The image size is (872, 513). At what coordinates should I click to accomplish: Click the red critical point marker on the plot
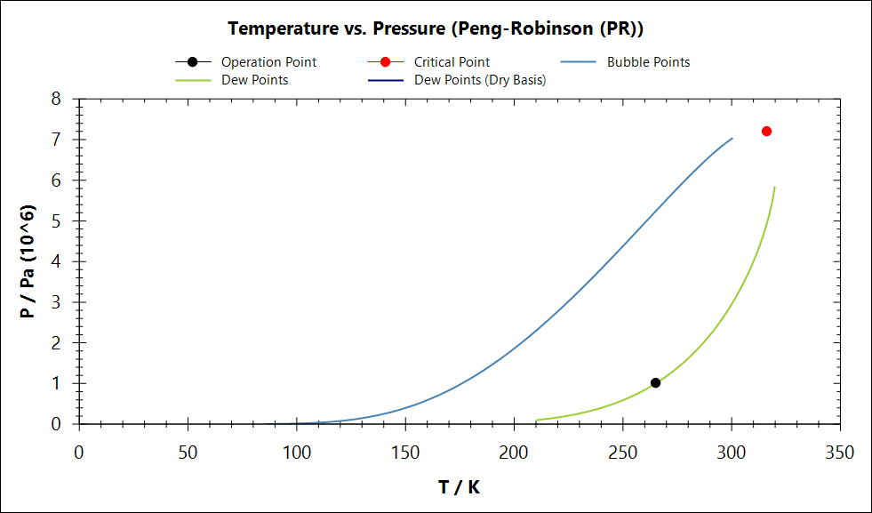pyautogui.click(x=766, y=131)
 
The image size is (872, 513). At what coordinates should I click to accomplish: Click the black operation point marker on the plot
pyautogui.click(x=655, y=382)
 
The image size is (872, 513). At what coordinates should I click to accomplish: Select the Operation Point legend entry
pyautogui.click(x=268, y=62)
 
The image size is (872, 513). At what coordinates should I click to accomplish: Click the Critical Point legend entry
pyautogui.click(x=452, y=62)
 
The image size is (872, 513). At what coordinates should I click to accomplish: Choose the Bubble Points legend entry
pyautogui.click(x=648, y=62)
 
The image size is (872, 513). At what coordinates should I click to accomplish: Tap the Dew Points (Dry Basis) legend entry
pyautogui.click(x=480, y=79)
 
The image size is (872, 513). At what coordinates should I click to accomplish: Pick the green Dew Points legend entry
pyautogui.click(x=254, y=79)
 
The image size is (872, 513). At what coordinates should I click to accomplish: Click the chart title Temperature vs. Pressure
pyautogui.click(x=436, y=28)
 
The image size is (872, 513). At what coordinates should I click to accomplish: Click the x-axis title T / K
pyautogui.click(x=460, y=486)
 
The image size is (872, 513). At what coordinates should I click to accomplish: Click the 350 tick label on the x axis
pyautogui.click(x=839, y=453)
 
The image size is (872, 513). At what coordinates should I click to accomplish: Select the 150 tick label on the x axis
pyautogui.click(x=404, y=453)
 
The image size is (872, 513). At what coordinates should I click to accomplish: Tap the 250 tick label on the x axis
pyautogui.click(x=622, y=453)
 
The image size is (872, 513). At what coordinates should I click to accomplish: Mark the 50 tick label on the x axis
pyautogui.click(x=188, y=453)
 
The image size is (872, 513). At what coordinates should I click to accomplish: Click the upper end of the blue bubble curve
pyautogui.click(x=732, y=139)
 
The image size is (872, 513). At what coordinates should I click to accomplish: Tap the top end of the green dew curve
pyautogui.click(x=774, y=188)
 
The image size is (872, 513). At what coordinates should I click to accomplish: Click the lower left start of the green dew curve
pyautogui.click(x=537, y=420)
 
